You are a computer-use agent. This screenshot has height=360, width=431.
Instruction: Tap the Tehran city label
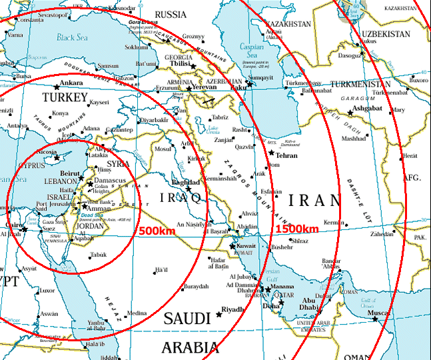(286, 155)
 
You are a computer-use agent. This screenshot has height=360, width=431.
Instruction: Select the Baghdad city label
(185, 182)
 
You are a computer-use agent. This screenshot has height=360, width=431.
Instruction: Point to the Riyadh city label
(232, 309)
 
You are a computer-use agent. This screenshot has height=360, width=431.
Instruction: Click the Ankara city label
(71, 83)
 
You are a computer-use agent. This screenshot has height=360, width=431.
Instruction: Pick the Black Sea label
(72, 38)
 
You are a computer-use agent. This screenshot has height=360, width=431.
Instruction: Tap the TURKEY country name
(65, 97)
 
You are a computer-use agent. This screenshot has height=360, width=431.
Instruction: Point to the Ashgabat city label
(367, 108)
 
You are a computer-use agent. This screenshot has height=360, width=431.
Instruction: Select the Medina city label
(137, 313)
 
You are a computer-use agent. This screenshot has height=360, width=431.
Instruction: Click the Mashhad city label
(354, 139)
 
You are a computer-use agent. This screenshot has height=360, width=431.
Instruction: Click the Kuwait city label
(247, 245)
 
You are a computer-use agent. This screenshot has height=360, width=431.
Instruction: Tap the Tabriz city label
(220, 117)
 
